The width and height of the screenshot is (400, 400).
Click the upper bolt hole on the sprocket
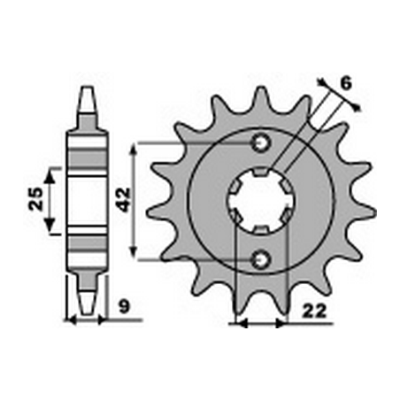(x=261, y=142)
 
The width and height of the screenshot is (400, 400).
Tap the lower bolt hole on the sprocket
(x=261, y=259)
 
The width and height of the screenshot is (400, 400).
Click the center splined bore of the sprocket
(x=261, y=201)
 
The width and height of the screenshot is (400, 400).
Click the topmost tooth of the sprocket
(x=260, y=91)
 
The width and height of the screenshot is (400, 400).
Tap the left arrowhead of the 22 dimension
(x=235, y=324)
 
